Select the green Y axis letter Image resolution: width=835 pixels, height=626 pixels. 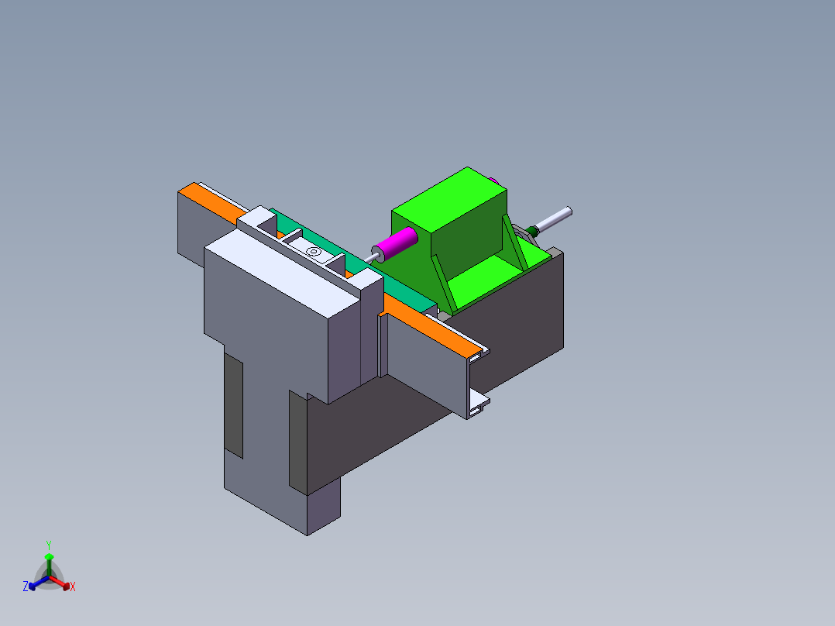(x=48, y=545)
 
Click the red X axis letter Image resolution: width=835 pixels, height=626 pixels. (x=73, y=587)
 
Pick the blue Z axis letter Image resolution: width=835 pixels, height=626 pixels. (x=26, y=586)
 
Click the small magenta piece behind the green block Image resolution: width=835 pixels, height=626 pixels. (x=495, y=181)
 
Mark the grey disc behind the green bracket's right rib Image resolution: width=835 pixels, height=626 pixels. (x=521, y=233)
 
